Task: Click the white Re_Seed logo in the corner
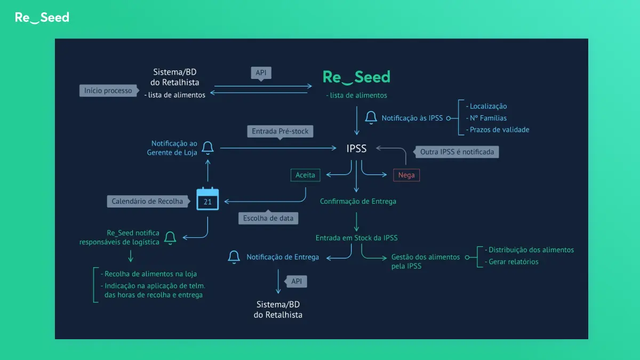click(x=42, y=18)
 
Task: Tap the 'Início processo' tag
click(x=109, y=91)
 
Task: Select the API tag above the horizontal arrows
click(x=261, y=73)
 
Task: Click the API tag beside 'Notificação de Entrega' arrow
click(x=296, y=282)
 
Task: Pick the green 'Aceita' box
click(x=305, y=175)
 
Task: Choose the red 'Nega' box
click(x=406, y=175)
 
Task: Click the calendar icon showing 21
click(x=207, y=199)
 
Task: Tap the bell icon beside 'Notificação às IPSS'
click(x=371, y=117)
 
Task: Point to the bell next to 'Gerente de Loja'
click(x=207, y=148)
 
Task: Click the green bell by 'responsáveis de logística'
click(x=170, y=238)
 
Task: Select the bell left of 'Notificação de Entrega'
click(x=234, y=257)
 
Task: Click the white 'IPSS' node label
click(x=356, y=149)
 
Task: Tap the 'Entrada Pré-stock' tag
click(x=280, y=132)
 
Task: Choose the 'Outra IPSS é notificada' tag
click(x=457, y=151)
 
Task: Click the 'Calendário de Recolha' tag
click(x=148, y=202)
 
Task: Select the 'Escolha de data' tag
click(x=268, y=218)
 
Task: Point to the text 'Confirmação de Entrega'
click(x=358, y=202)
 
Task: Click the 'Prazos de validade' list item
click(x=498, y=130)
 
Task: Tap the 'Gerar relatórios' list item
click(x=511, y=262)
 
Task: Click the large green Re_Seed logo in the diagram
click(x=356, y=77)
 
